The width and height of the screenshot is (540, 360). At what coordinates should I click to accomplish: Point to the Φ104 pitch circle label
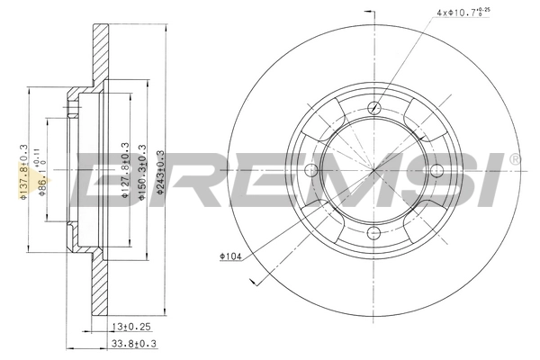tap(230, 256)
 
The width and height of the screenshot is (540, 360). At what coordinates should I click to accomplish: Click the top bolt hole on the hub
tap(372, 108)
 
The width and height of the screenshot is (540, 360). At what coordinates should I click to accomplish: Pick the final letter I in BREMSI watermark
tap(491, 179)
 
